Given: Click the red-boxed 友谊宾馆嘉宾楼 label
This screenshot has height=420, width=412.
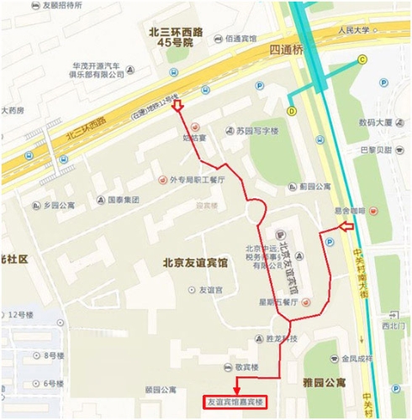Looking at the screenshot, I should coord(236,402).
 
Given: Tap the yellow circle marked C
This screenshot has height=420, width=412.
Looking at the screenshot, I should coord(362,59).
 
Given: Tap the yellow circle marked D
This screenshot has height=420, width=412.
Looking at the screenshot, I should coord(292,109).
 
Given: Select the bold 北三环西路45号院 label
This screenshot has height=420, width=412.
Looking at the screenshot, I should coord(170,36).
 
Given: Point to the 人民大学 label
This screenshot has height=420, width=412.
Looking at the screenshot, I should coord(354,31).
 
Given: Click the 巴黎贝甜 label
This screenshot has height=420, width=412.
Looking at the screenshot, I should coord(376,150).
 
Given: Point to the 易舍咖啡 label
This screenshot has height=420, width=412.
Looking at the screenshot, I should coord(350,212).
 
